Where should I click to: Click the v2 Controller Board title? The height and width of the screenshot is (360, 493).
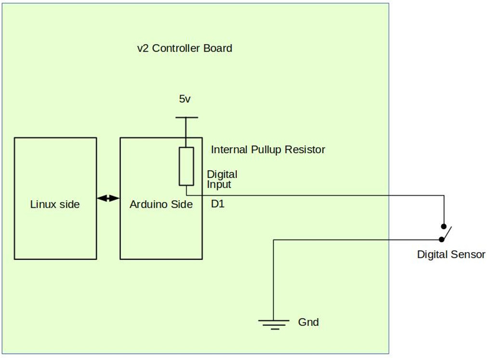[x=184, y=48]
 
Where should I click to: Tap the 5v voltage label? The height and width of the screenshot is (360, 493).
[x=185, y=99]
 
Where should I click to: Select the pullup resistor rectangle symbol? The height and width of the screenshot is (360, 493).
[x=186, y=166]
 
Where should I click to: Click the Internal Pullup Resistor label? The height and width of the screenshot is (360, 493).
[x=268, y=150]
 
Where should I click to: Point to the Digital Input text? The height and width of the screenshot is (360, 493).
[x=221, y=179]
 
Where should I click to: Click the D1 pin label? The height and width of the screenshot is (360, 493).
[x=218, y=204]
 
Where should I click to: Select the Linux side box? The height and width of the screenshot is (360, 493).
[x=55, y=198]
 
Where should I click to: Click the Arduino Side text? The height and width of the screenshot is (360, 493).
[x=161, y=205]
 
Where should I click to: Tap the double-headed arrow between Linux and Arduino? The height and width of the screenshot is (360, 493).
[x=108, y=198]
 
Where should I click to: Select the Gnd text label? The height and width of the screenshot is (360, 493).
[x=308, y=322]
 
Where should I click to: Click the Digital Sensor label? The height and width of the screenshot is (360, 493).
[x=451, y=255]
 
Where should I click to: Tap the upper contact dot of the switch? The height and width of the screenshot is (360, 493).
[x=444, y=226]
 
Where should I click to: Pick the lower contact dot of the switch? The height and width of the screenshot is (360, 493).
[x=441, y=240]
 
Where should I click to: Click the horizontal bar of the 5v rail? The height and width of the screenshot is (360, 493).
[x=186, y=117]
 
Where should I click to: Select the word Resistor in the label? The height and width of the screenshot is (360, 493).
[x=305, y=150]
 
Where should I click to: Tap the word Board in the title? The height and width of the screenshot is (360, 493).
[x=217, y=48]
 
